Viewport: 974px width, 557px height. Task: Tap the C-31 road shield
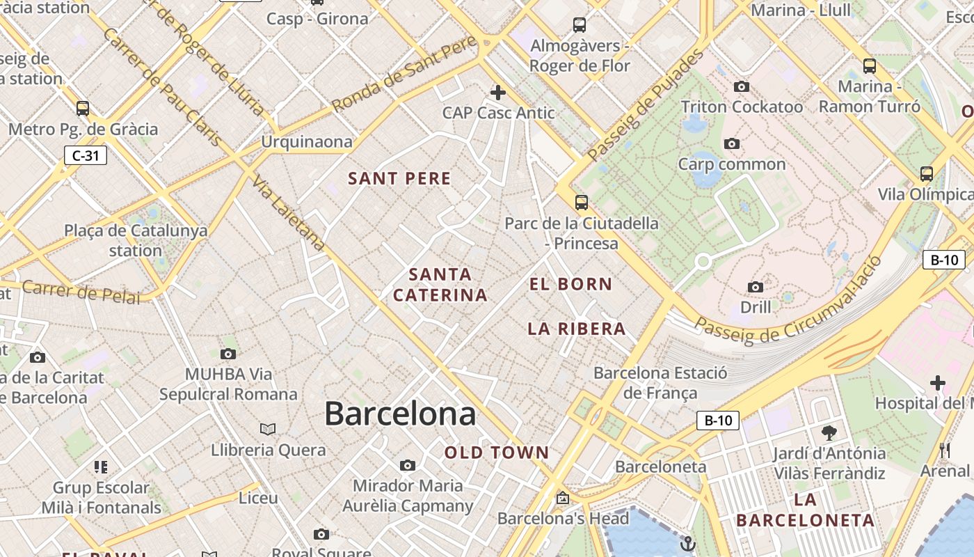pos(86,155)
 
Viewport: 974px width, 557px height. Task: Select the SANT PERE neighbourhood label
pos(399,179)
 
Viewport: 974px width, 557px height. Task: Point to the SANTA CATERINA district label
pos(440,285)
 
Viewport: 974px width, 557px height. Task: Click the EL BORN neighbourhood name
pos(570,284)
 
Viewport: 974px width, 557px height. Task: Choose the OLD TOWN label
pos(497,453)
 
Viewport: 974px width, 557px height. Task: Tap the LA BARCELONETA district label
pos(805,510)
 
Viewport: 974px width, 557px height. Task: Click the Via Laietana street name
pos(289,213)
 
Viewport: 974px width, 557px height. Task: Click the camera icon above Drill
pos(755,287)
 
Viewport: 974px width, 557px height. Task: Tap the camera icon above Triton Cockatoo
pos(742,87)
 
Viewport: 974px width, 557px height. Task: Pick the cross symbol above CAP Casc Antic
pos(498,92)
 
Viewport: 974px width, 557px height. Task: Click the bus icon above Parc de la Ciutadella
pos(581,203)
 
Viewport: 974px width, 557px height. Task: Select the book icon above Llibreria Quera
pos(268,429)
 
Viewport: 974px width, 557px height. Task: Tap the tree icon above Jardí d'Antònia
pos(829,433)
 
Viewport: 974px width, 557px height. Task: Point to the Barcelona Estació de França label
pos(660,382)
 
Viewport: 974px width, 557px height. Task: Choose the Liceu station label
pos(258,498)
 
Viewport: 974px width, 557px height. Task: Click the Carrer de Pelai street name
pos(81,292)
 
